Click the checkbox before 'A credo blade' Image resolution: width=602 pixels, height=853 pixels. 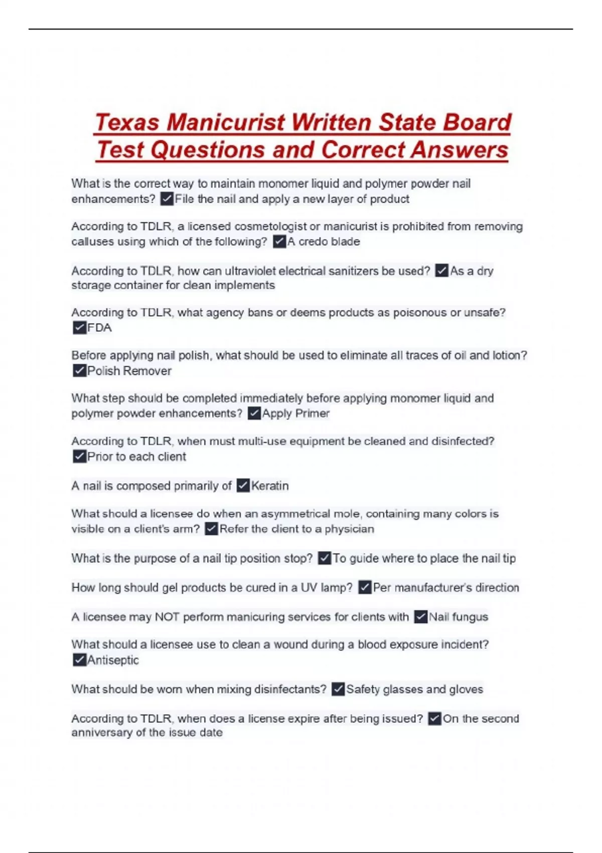[279, 242]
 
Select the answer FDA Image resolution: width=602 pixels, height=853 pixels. [99, 328]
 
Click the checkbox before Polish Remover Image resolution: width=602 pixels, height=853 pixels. [79, 371]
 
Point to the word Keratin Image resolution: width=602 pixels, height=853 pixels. [270, 486]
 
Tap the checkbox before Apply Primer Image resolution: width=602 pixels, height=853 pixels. [254, 413]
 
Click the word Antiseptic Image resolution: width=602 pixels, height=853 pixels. [113, 660]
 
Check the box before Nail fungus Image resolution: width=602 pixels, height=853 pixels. [420, 617]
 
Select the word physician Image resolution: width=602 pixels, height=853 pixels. [349, 529]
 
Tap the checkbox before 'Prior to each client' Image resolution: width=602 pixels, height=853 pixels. [79, 457]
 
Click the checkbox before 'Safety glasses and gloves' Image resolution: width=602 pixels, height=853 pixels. [338, 689]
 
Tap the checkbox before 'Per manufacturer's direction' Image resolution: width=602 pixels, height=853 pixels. [365, 588]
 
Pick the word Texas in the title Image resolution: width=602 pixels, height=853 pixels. [127, 122]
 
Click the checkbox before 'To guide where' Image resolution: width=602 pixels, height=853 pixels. [325, 558]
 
